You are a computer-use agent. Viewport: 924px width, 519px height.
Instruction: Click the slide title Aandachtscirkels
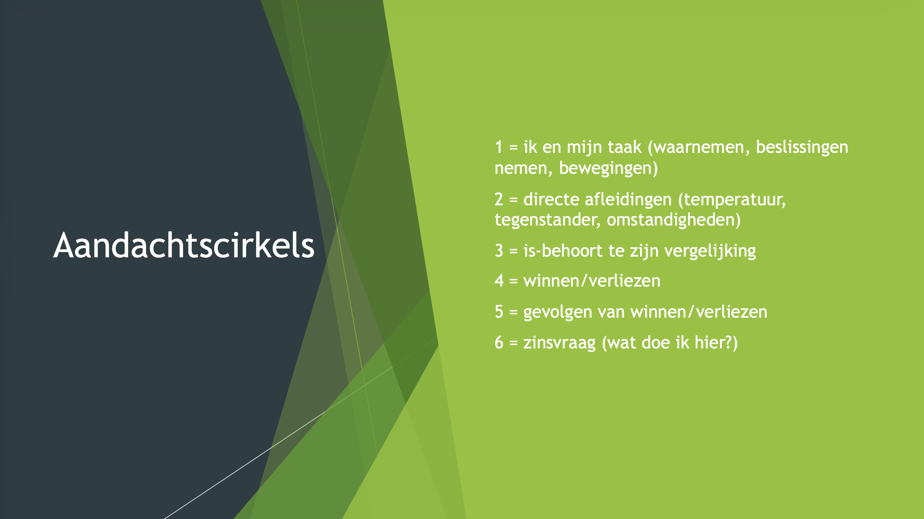(x=184, y=245)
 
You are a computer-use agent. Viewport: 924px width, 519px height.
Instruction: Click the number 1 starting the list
(x=499, y=147)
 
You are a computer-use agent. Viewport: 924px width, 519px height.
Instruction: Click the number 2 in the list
(x=499, y=199)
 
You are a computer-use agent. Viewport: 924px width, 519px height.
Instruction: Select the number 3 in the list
(x=499, y=250)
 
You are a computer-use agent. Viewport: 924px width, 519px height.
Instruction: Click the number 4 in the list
(x=499, y=280)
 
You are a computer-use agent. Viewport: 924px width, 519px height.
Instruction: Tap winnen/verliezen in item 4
(x=592, y=281)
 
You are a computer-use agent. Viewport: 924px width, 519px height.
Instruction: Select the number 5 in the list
(x=499, y=312)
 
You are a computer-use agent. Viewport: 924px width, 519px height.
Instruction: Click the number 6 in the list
(x=499, y=342)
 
